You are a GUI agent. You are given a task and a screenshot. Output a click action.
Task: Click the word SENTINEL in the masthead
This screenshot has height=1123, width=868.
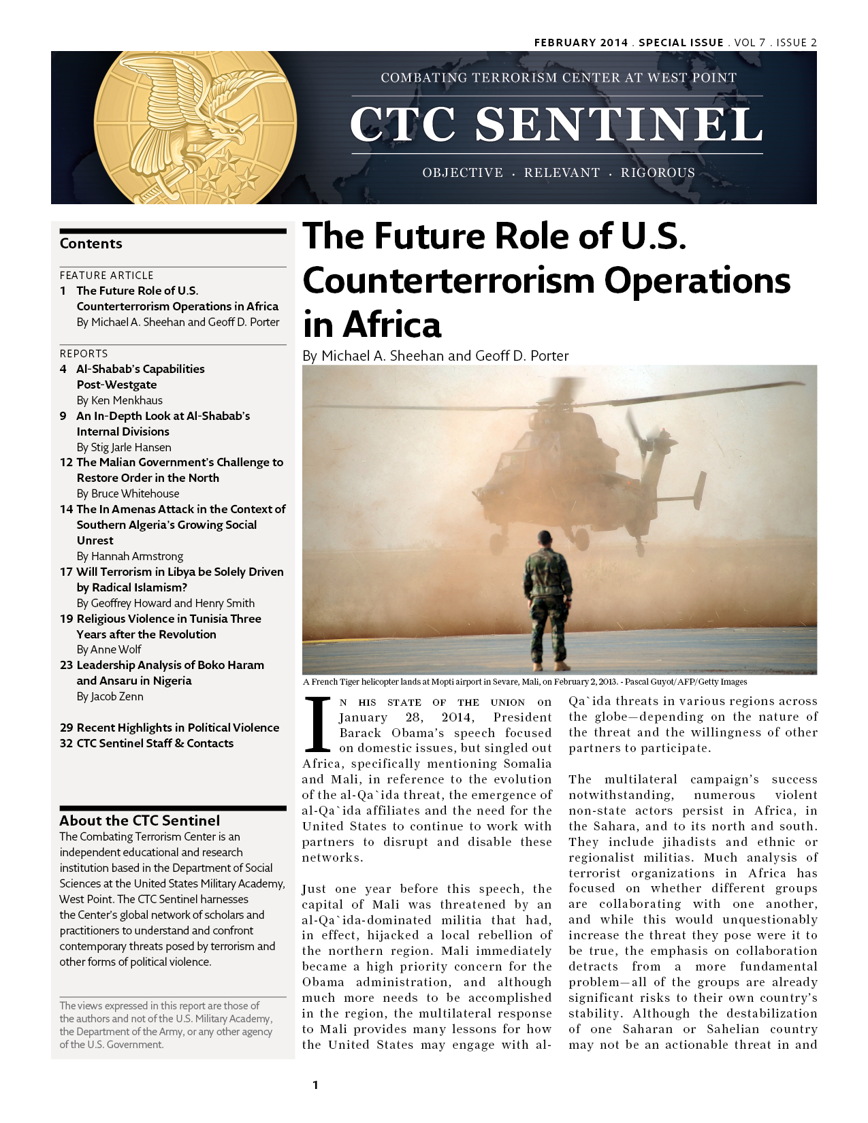point(619,125)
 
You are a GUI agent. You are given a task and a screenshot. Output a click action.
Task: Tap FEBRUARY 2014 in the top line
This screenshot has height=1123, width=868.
point(581,42)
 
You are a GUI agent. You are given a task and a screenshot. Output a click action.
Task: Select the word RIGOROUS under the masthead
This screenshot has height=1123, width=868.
point(658,173)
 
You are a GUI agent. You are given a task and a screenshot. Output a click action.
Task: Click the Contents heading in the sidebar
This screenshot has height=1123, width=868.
point(91,244)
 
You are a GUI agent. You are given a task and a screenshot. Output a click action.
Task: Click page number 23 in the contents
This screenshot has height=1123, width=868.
point(66,665)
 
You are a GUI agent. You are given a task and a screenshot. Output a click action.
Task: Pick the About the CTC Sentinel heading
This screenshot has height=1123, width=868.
point(140,821)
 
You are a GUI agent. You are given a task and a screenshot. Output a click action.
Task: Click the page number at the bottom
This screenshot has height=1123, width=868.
point(315,1085)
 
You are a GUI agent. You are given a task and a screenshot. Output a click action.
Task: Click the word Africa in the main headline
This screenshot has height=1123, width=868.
point(392,325)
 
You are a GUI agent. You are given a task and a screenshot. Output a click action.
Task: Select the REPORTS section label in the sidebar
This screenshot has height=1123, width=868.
point(84,353)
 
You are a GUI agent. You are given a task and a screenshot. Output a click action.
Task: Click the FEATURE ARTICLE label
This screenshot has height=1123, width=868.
point(107,275)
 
